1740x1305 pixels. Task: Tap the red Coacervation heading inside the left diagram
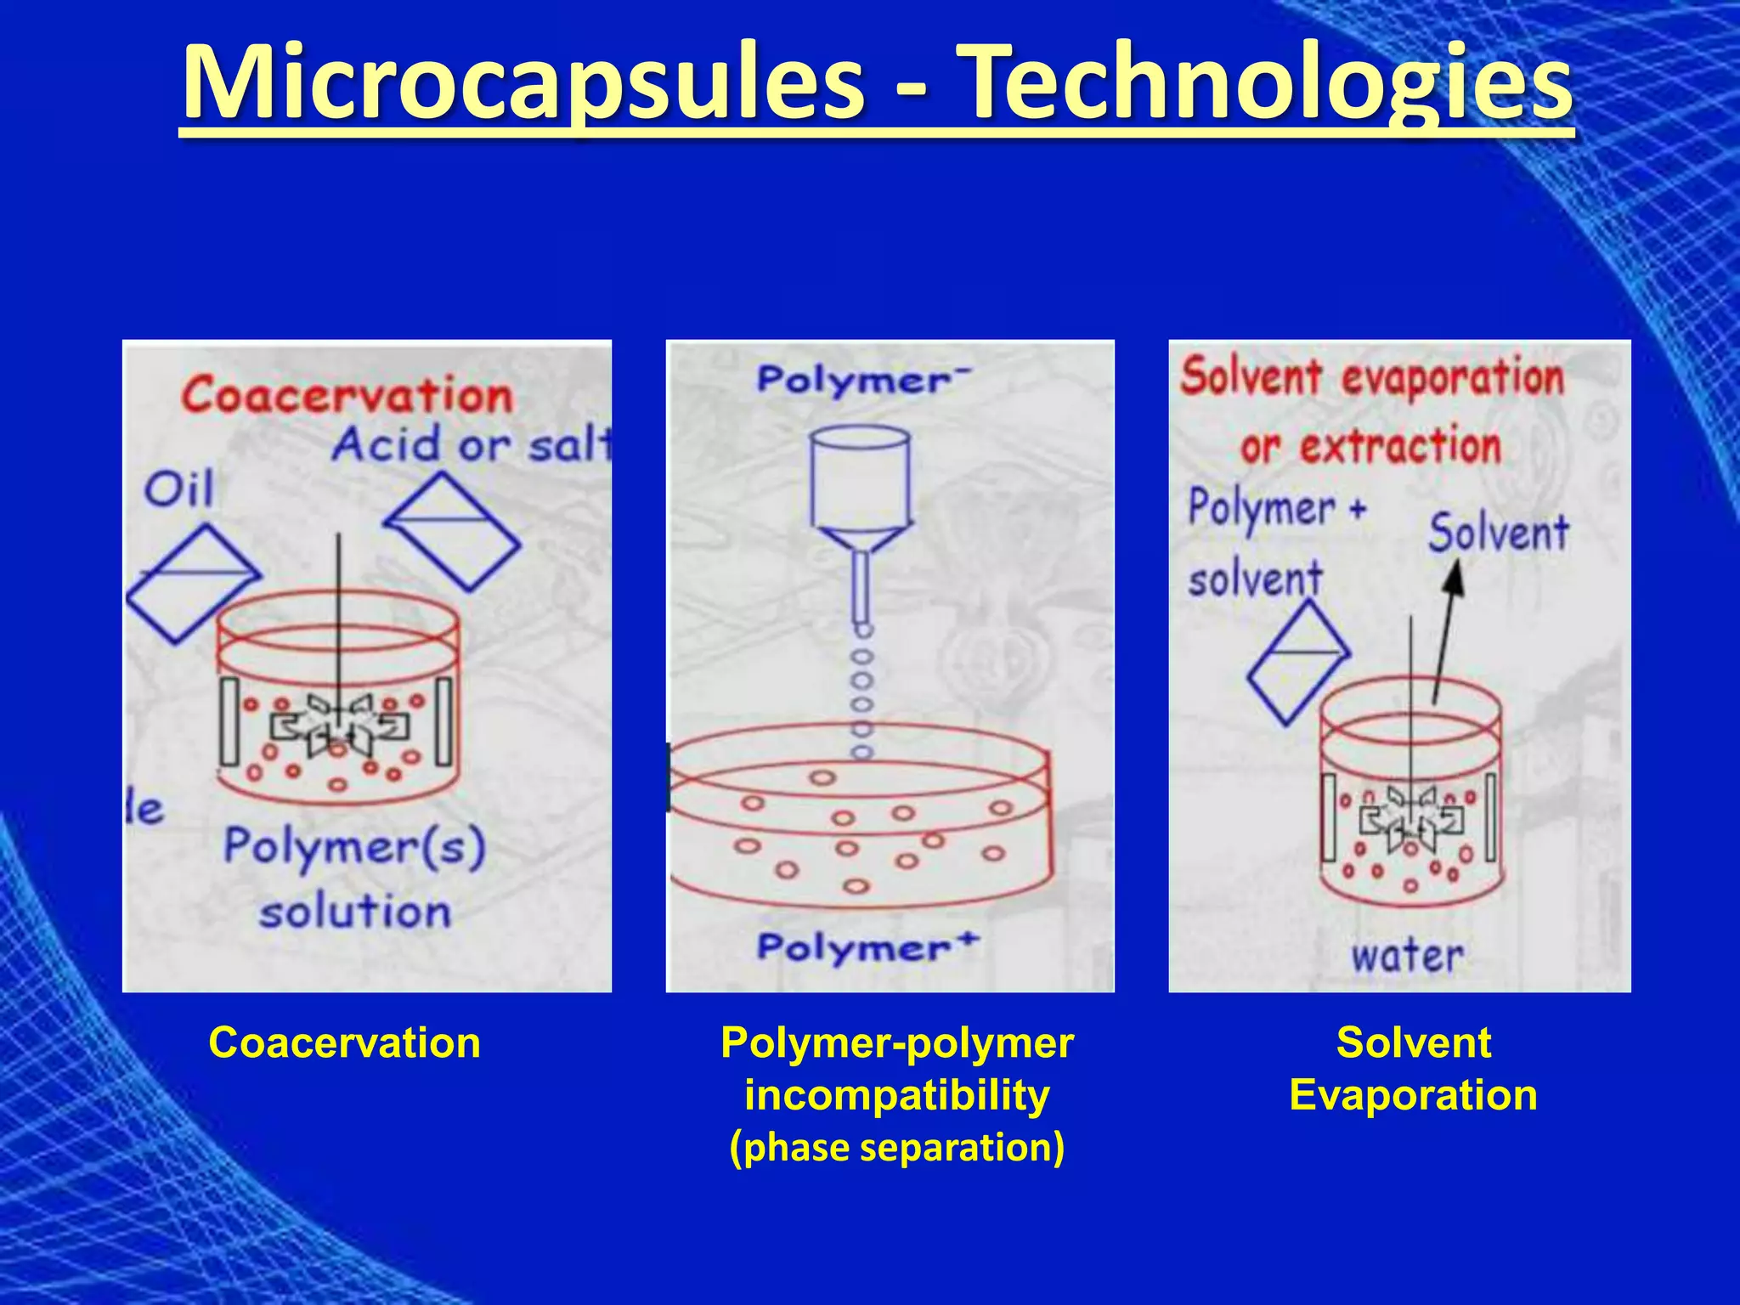347,396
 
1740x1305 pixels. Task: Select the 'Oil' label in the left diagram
178,490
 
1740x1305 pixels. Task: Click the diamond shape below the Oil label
194,583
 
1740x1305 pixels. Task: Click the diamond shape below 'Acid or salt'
453,531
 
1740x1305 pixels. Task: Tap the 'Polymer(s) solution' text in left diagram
354,878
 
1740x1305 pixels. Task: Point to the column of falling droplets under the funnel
862,692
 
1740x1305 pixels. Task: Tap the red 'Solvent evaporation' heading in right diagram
1371,377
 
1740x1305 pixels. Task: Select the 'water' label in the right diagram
1407,956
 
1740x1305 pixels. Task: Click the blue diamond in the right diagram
1298,663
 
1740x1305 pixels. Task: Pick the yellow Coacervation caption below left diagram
344,1042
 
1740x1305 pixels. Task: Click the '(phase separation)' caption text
896,1147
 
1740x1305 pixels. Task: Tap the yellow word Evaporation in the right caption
1413,1095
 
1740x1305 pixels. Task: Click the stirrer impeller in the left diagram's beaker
339,727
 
